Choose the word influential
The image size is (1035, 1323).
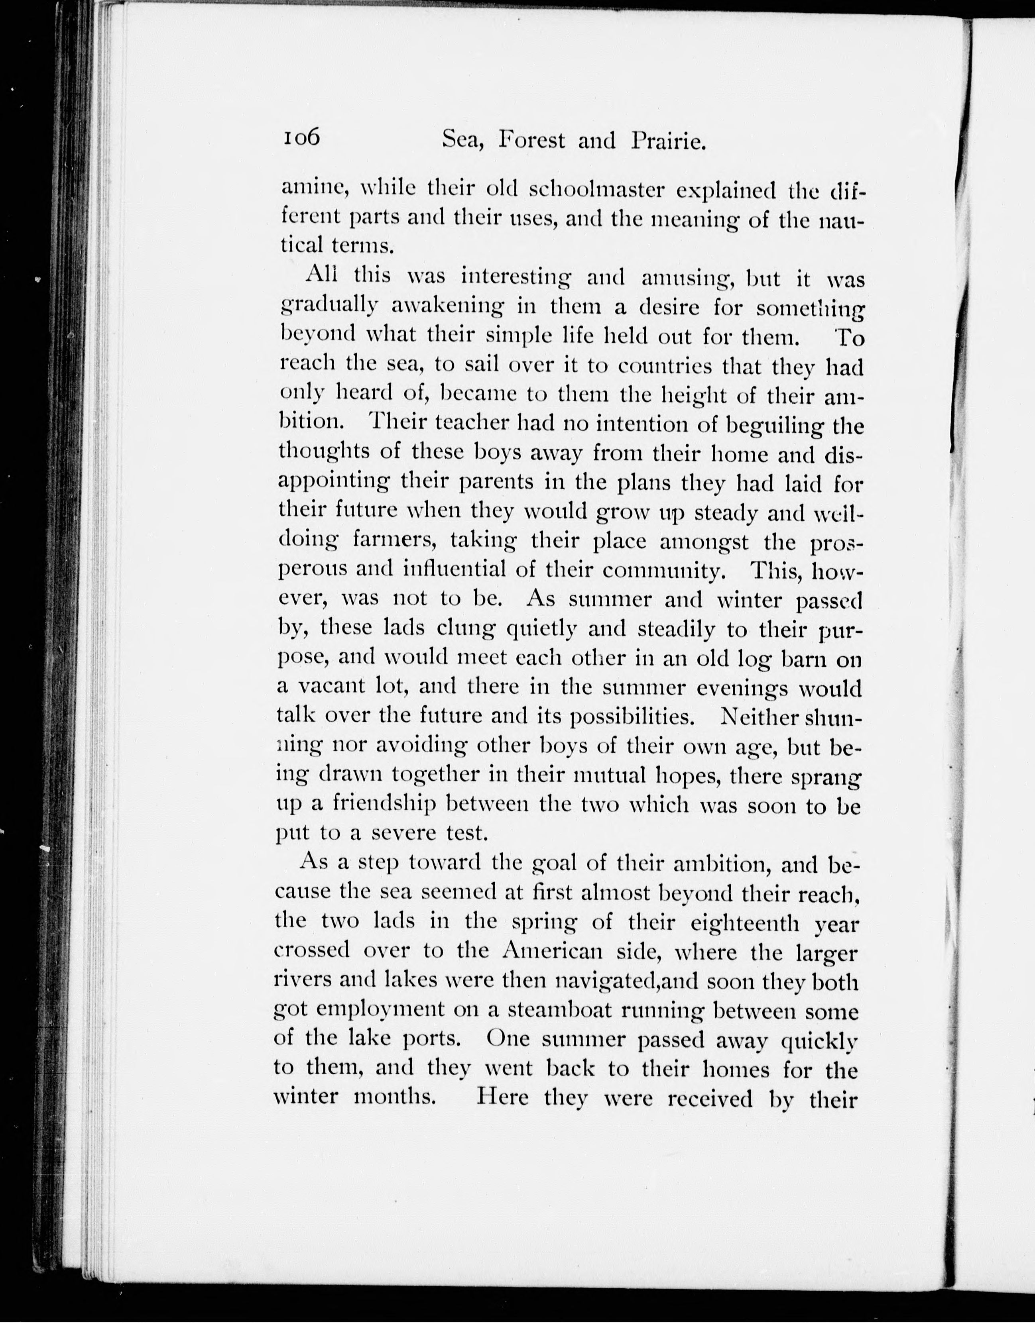pos(454,570)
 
